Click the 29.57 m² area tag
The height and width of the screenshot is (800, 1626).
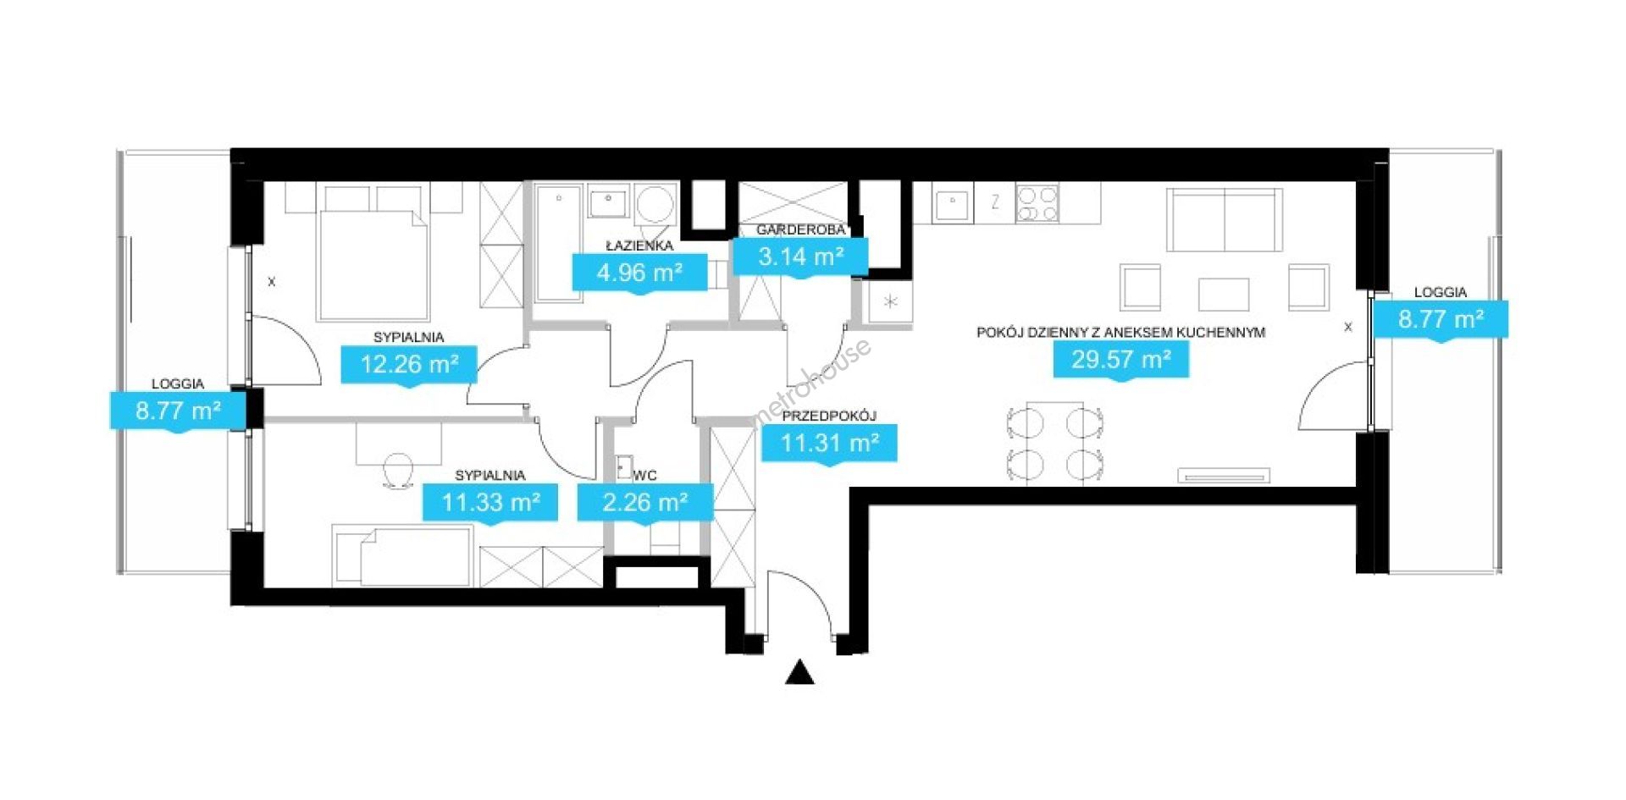point(1120,361)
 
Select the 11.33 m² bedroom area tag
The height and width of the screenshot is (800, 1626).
point(490,504)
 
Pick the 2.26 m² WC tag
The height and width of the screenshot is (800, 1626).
point(644,504)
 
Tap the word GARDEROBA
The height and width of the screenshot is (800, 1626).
point(800,229)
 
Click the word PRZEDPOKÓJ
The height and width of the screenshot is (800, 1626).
point(828,416)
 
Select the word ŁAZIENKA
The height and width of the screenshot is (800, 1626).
point(639,246)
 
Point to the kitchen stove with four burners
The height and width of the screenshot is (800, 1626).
point(1037,203)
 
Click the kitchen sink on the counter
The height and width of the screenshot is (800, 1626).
point(953,203)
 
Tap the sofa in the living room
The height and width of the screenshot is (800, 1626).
point(1224,220)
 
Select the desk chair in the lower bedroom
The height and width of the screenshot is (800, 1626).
point(398,470)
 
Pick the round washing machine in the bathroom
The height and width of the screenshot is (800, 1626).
point(655,205)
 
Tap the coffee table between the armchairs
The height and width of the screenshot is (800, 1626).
point(1224,295)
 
